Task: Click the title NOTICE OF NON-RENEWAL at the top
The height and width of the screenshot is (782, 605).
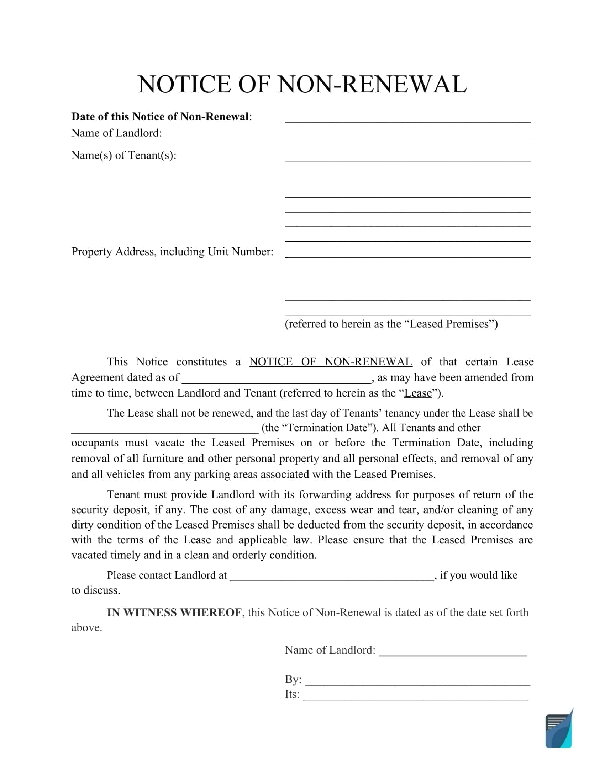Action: click(x=302, y=85)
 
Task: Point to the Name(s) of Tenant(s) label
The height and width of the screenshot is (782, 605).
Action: click(x=123, y=155)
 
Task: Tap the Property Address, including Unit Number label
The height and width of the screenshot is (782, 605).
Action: click(x=172, y=252)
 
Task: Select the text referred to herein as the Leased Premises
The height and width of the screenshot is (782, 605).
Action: click(x=391, y=324)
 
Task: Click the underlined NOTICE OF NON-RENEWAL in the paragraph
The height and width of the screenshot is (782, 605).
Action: click(x=331, y=361)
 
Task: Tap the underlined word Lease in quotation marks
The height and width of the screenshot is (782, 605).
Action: click(x=418, y=393)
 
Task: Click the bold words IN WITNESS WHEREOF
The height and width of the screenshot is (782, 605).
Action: click(x=174, y=613)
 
